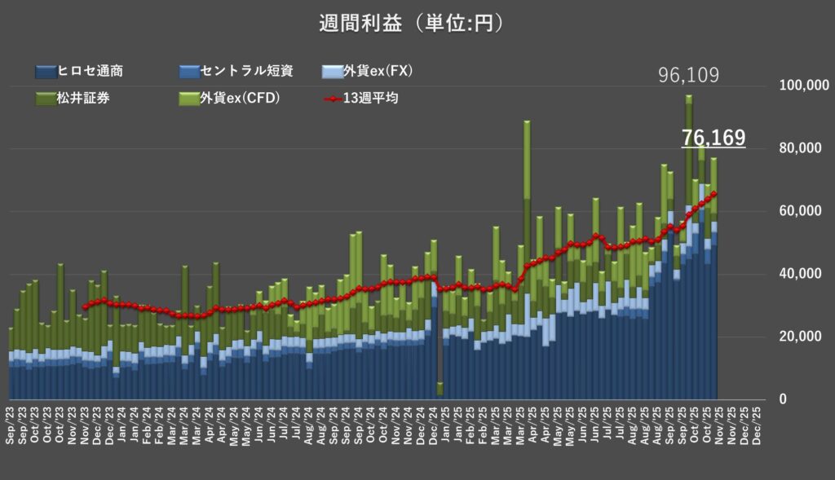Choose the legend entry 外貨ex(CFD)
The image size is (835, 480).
click(232, 99)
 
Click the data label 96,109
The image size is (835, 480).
click(688, 77)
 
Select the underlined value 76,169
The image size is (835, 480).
click(714, 138)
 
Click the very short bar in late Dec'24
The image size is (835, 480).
click(440, 389)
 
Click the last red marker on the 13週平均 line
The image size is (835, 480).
click(714, 193)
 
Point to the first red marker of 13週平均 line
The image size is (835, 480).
click(84, 306)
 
